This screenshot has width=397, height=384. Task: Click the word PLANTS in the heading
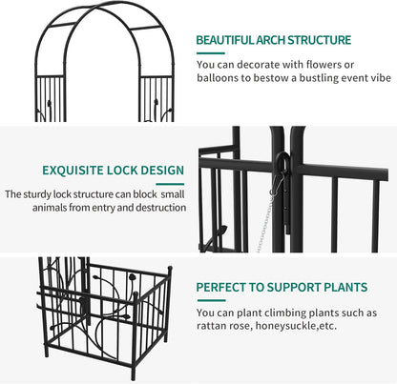(x=345, y=286)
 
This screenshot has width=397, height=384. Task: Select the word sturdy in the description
(x=37, y=193)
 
